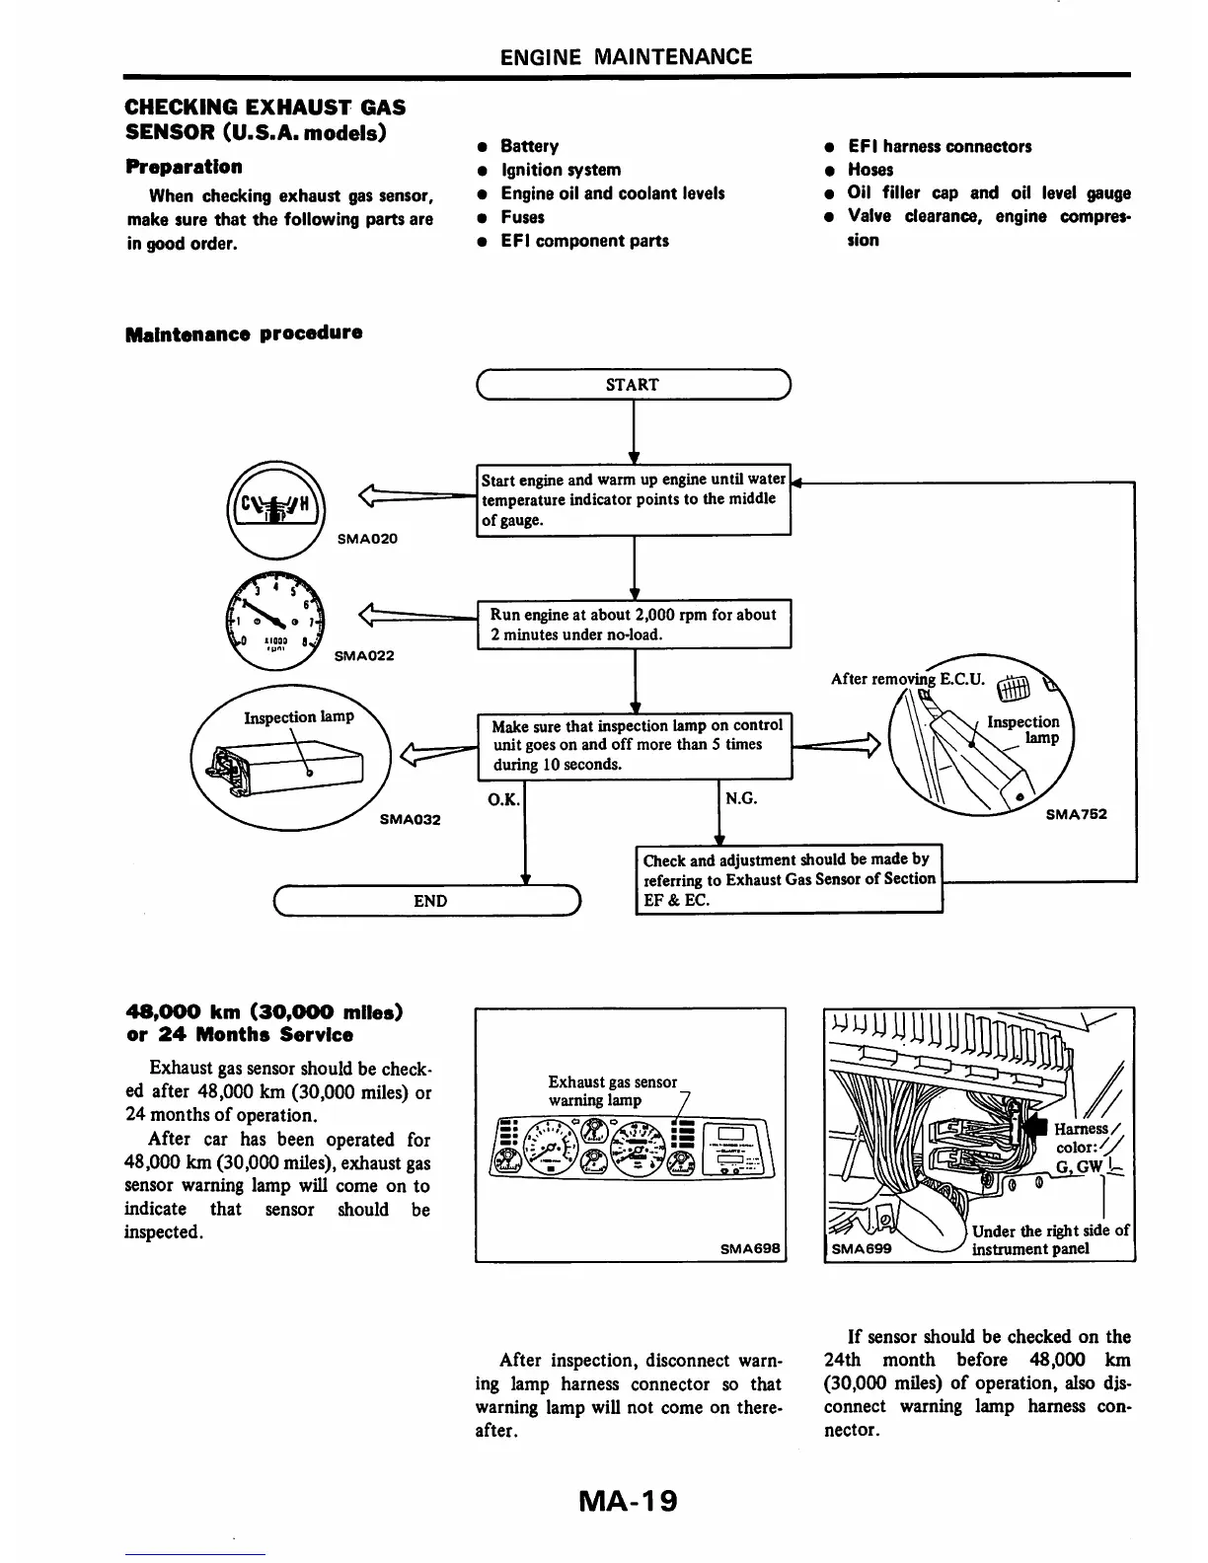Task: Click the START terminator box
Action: (633, 385)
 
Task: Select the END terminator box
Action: (429, 901)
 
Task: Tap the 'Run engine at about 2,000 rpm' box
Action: (634, 625)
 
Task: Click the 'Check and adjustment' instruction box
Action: (790, 879)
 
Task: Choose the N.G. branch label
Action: (741, 798)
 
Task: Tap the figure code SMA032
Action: (410, 819)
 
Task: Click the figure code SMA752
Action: (1076, 814)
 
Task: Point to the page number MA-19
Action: (629, 1501)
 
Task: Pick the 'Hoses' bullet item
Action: (869, 170)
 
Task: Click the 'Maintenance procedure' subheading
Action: (244, 333)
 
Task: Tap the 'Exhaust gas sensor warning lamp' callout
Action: (612, 1090)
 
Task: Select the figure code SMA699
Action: (862, 1248)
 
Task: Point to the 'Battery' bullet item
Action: (529, 146)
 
